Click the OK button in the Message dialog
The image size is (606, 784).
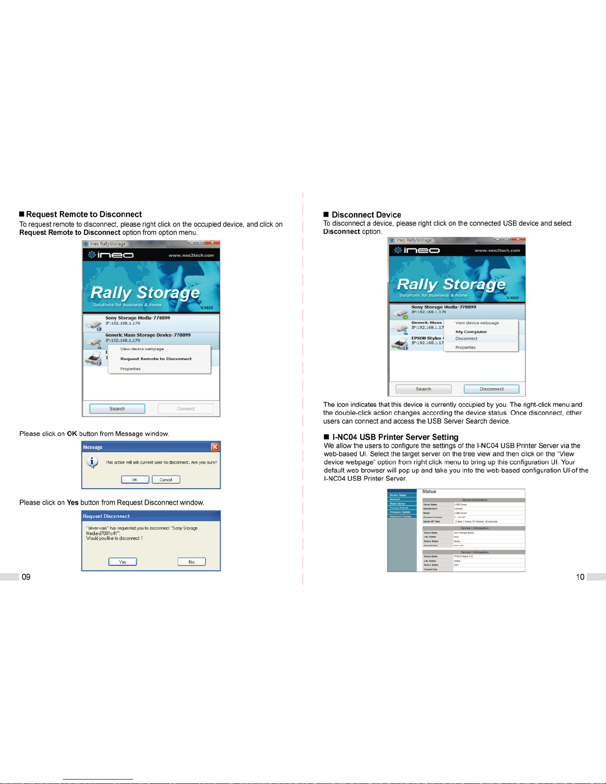135,480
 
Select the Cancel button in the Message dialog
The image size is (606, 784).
166,480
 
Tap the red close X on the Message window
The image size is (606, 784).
215,447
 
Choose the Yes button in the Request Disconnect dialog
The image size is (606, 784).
123,562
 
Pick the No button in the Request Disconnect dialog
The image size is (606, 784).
191,562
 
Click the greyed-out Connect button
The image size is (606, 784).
186,409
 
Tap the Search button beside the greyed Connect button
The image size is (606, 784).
117,409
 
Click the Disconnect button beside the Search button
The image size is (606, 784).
491,389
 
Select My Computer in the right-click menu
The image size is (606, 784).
471,332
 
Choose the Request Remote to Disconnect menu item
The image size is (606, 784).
156,359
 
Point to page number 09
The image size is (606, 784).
26,577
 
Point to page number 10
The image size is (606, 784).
580,577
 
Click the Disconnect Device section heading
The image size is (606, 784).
366,215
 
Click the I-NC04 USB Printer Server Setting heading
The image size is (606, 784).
395,437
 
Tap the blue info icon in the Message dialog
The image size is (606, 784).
92,462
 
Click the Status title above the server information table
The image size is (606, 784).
429,492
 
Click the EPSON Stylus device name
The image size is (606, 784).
426,338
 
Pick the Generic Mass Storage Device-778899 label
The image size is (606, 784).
148,335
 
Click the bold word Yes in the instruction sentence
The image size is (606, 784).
73,503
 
